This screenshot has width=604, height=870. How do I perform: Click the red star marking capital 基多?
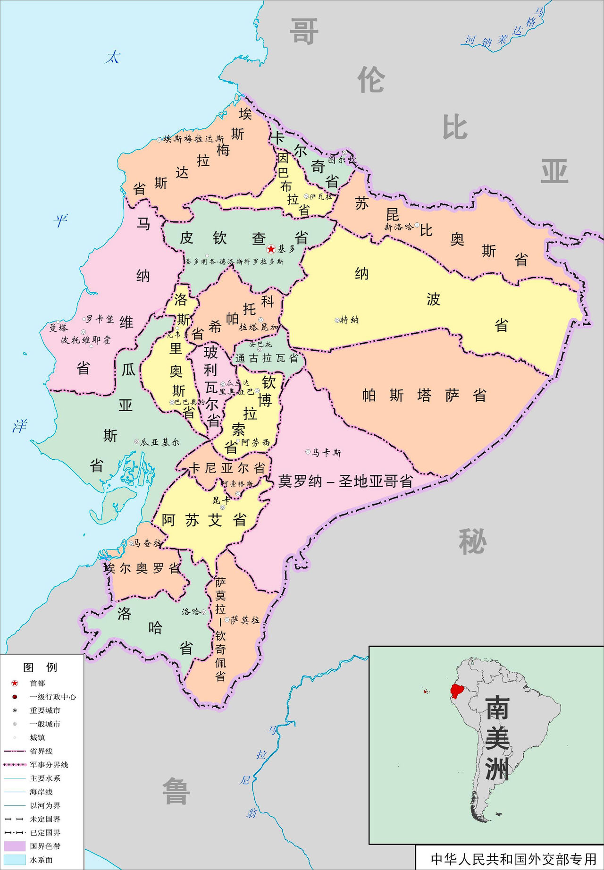[271, 249]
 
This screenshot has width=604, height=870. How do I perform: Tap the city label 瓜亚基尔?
[160, 442]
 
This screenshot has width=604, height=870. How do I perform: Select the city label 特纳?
[350, 320]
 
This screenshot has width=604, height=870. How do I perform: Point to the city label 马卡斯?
[327, 453]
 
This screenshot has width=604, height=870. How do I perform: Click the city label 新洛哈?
[399, 227]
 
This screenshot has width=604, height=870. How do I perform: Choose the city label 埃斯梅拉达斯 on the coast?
[193, 139]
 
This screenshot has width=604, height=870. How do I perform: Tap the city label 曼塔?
[59, 327]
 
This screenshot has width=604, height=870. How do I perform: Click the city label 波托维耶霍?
[86, 340]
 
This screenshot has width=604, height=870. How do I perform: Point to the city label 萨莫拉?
[245, 620]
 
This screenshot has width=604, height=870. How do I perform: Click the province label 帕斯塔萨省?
[424, 395]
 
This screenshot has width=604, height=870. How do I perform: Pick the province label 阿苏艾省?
[204, 520]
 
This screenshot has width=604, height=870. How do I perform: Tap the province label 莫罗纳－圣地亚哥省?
[345, 481]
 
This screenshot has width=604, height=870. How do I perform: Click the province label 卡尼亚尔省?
[226, 468]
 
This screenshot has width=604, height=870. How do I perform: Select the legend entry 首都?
[37, 683]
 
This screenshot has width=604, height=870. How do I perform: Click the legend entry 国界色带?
[45, 846]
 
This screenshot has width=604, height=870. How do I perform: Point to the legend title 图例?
[40, 667]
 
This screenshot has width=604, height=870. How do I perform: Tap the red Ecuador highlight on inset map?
[456, 691]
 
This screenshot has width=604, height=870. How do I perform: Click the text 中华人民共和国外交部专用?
[513, 859]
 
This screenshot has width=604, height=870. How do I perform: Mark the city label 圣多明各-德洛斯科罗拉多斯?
[235, 262]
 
